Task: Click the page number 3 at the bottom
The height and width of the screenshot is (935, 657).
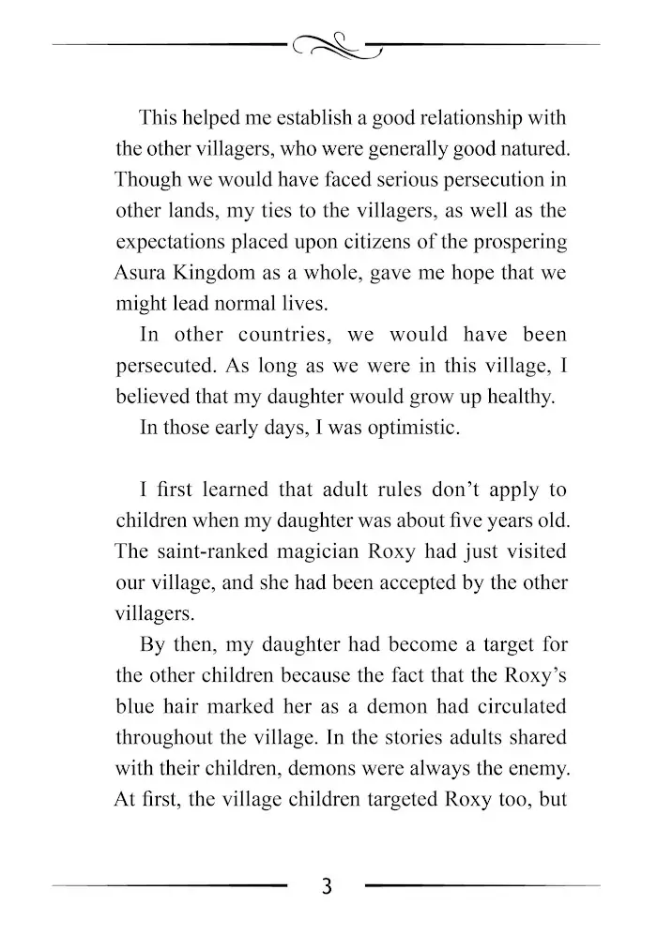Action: pyautogui.click(x=327, y=886)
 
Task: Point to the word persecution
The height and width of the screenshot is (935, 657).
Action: pyautogui.click(x=486, y=179)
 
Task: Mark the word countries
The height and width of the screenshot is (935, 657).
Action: pyautogui.click(x=272, y=335)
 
